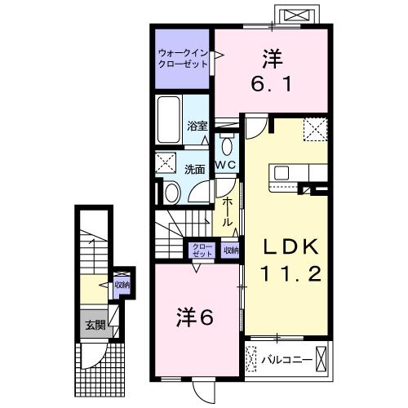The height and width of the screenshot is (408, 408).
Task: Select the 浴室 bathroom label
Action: [x=197, y=126]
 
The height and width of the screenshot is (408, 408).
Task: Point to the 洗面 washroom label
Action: [x=194, y=170]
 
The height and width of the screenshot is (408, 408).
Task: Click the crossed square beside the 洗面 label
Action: [x=166, y=162]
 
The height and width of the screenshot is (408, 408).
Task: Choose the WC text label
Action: [x=225, y=165]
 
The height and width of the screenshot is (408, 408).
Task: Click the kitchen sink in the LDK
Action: [x=282, y=172]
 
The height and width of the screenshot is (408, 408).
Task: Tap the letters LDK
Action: [x=286, y=247]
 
